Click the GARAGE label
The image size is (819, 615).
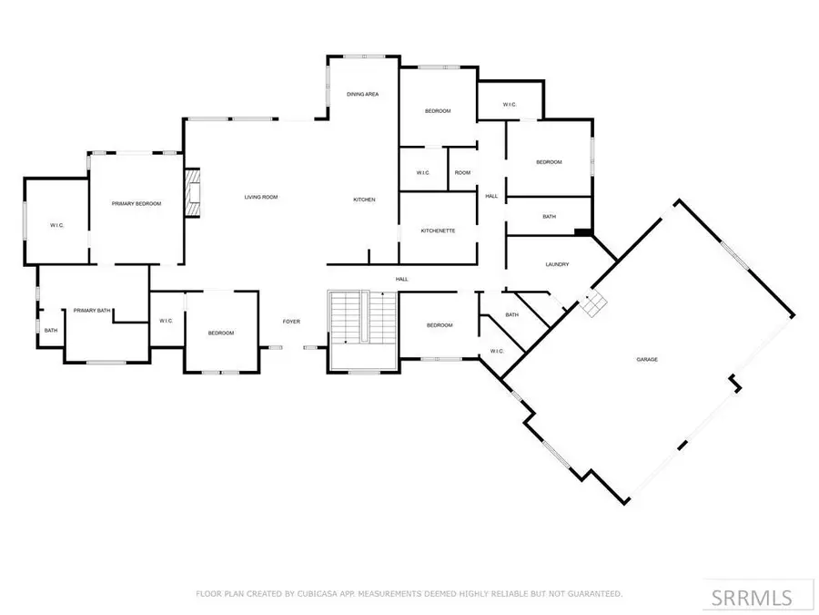[646, 360]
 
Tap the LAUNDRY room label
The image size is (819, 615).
[557, 265]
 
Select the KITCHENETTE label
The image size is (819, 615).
[438, 231]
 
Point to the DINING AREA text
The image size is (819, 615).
[362, 95]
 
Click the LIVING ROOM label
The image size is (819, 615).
[260, 197]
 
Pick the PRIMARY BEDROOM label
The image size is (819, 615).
[136, 203]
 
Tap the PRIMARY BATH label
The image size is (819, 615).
[92, 311]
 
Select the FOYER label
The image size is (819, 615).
[291, 322]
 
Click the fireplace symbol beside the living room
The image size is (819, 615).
[192, 193]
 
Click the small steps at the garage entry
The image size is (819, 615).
[594, 305]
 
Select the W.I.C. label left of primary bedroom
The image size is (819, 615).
[56, 225]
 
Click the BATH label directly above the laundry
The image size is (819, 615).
[549, 217]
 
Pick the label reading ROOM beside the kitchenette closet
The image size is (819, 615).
[462, 173]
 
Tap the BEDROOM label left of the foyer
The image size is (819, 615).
[221, 333]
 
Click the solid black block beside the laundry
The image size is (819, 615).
[582, 232]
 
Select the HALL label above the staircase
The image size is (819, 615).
[401, 279]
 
